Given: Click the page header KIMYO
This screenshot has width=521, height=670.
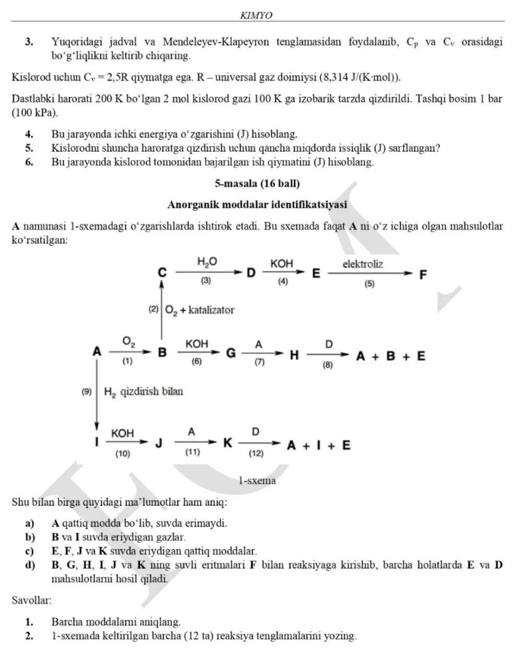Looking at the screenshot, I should [x=256, y=16].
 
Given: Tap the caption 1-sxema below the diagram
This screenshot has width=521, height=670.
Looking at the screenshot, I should [x=257, y=480].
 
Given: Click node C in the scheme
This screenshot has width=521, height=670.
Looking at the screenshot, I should [x=163, y=273].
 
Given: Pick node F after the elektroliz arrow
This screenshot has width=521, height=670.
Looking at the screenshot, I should [x=423, y=274].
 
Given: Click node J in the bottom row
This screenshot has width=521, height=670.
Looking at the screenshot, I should [x=159, y=443].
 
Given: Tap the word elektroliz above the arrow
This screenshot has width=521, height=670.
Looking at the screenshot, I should [x=363, y=264].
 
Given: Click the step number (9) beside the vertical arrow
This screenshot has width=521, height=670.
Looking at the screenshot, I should [x=86, y=391].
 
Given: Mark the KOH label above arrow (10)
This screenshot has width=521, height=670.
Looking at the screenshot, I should [x=122, y=433].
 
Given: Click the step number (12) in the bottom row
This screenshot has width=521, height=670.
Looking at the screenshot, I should [x=256, y=453].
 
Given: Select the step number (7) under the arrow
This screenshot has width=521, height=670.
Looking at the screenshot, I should [x=259, y=362].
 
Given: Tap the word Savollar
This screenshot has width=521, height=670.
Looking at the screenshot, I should [x=31, y=600].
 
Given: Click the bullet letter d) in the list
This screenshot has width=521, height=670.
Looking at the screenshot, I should [x=30, y=565].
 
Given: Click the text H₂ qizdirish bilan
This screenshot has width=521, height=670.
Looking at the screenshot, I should [x=144, y=392].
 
